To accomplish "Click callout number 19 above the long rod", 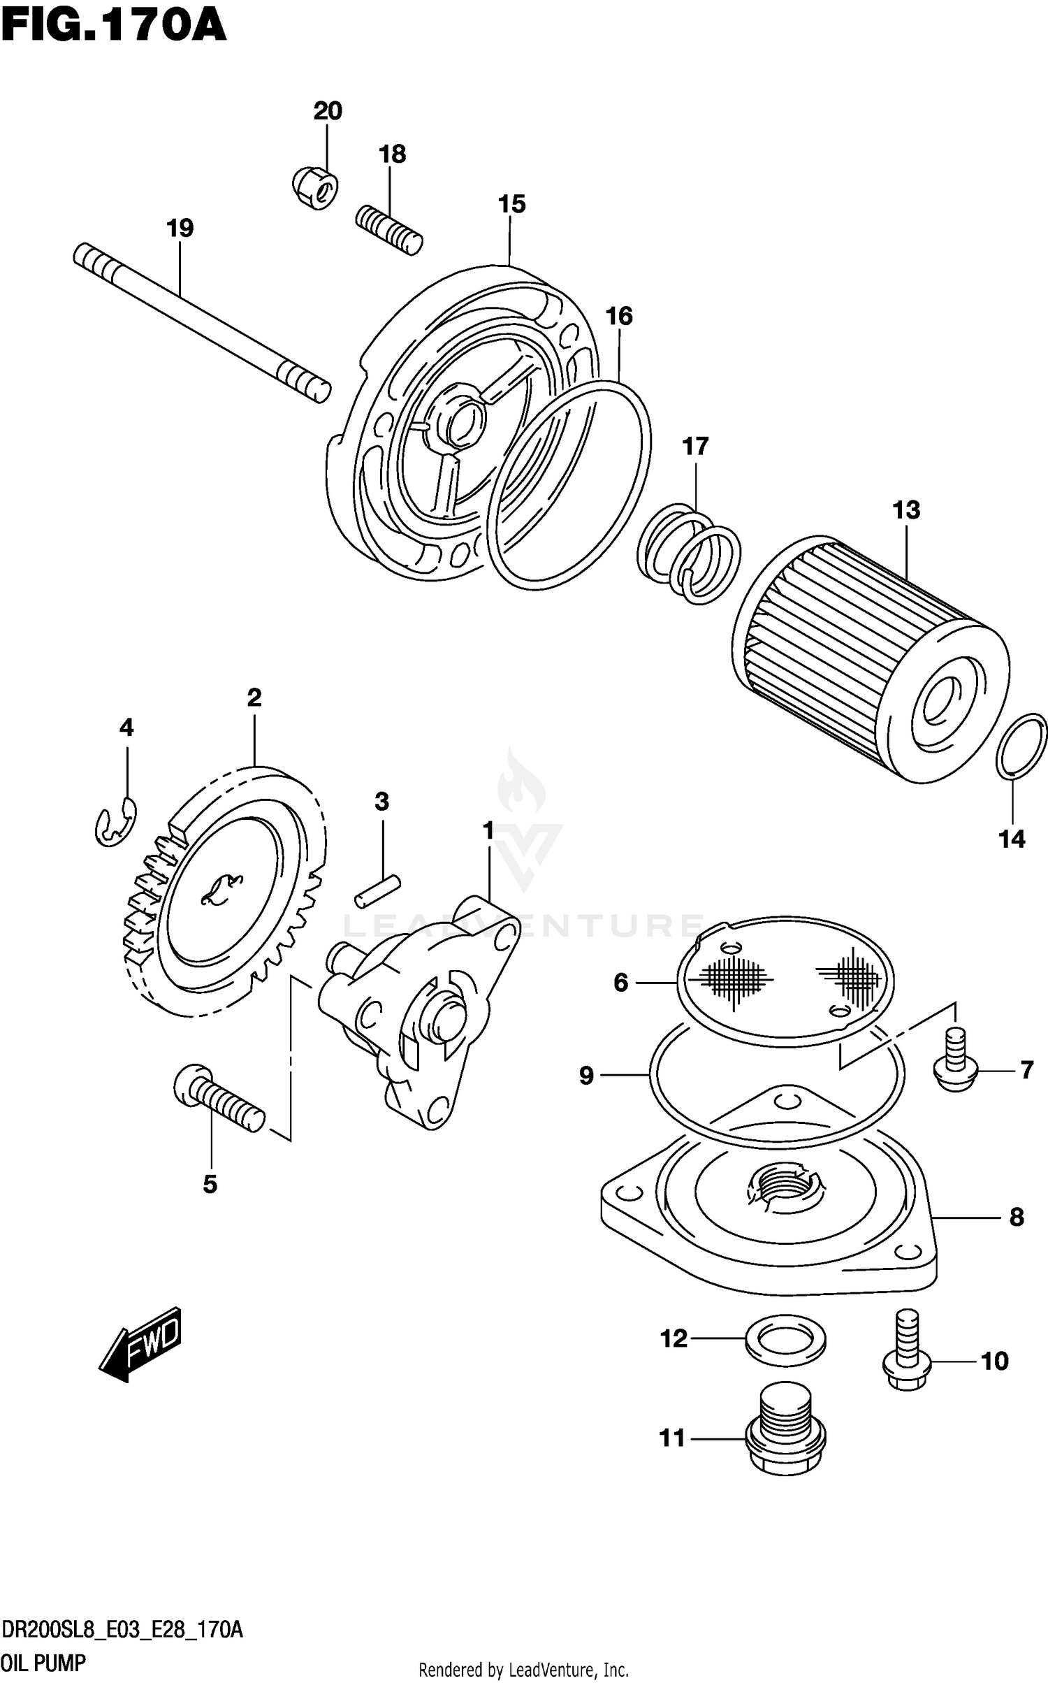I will coord(180,229).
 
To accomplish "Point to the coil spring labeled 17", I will coord(688,554).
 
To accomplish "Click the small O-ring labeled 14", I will coord(1021,746).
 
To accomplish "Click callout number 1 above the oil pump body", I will coord(488,831).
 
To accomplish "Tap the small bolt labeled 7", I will coord(955,1069).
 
